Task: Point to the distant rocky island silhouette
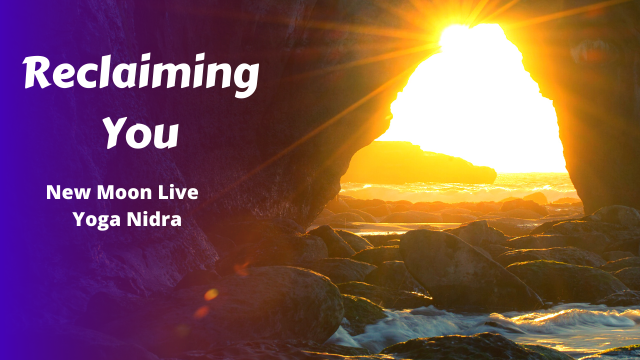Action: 420,162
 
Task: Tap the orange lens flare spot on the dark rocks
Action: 211,294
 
